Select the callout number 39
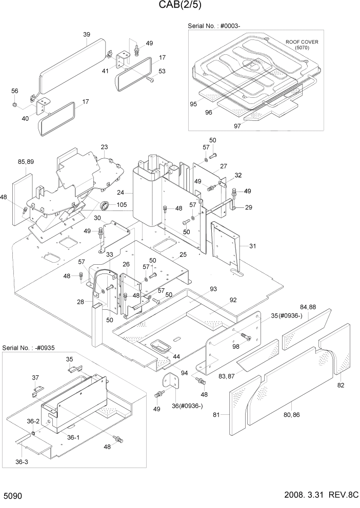[86, 34]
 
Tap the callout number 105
[122, 205]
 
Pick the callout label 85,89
[26, 162]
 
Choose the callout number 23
[104, 147]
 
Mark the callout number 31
[252, 246]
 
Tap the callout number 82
[341, 385]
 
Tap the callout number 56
[15, 91]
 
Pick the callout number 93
[213, 289]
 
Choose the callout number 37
[35, 378]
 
